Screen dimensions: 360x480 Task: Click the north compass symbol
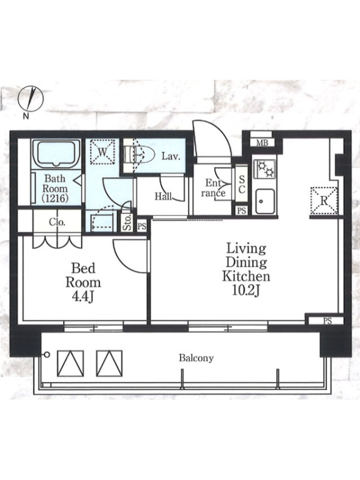(x=31, y=99)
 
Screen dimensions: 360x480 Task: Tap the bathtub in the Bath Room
(x=56, y=154)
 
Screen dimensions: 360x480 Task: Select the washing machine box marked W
(x=103, y=152)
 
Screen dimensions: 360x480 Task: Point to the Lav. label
(x=171, y=157)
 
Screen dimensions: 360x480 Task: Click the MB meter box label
(x=262, y=143)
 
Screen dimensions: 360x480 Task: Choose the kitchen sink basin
(x=265, y=201)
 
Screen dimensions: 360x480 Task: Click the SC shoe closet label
(x=242, y=185)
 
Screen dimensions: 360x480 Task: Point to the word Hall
(x=163, y=196)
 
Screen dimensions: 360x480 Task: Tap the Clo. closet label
(x=57, y=222)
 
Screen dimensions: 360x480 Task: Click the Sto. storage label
(x=127, y=222)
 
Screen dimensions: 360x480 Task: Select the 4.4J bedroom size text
(x=83, y=296)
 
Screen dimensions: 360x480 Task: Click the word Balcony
(x=196, y=358)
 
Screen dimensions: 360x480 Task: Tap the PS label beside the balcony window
(x=327, y=321)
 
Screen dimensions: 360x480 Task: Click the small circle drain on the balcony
(x=47, y=355)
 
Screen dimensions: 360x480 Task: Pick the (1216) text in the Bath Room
(x=55, y=199)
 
